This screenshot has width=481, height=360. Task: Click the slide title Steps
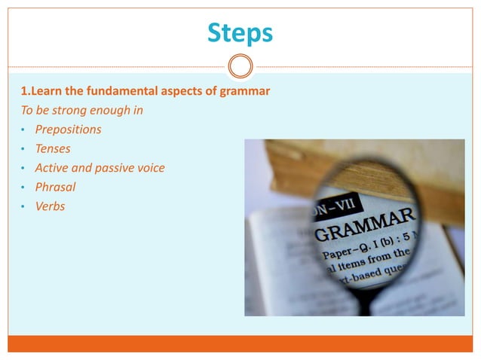[x=240, y=32]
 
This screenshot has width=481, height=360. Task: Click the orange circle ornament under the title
[x=240, y=67]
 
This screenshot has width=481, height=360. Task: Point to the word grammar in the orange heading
[x=245, y=92]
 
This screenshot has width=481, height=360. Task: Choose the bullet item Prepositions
[x=68, y=130]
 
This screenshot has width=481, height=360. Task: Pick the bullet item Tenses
[x=53, y=148]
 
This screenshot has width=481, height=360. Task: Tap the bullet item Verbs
[x=50, y=206]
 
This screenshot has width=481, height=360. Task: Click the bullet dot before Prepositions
[x=23, y=130]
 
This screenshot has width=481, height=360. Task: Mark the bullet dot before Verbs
[x=23, y=206]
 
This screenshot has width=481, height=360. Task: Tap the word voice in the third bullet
[x=150, y=167]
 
